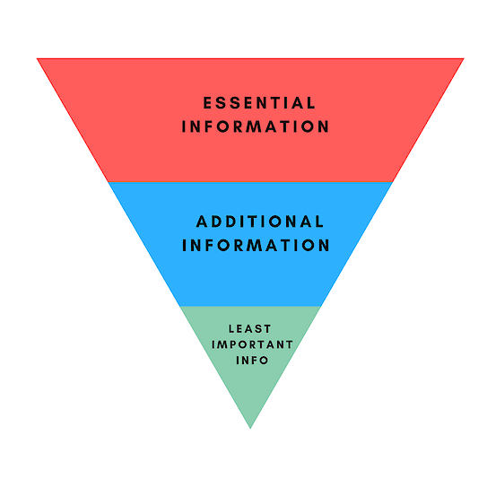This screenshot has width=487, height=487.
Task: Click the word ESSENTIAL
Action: click(259, 103)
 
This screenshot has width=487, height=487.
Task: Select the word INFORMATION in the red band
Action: click(255, 126)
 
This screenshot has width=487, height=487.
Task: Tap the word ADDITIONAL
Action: click(260, 222)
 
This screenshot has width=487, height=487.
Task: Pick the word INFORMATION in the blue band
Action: click(256, 245)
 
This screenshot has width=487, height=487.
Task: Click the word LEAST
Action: click(250, 328)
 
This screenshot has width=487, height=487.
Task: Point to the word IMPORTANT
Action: click(252, 344)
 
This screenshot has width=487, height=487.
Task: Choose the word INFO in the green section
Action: click(252, 361)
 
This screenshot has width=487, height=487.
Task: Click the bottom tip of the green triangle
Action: click(250, 429)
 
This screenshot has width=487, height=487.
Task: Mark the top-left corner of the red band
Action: click(37, 58)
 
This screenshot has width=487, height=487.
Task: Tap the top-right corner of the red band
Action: click(464, 58)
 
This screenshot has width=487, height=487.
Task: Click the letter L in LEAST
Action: click(231, 328)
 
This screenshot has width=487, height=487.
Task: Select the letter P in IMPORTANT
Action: click(232, 344)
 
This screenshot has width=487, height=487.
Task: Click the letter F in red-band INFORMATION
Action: click(207, 126)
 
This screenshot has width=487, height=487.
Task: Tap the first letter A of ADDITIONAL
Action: click(202, 222)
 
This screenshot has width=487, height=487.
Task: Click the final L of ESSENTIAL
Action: click(311, 103)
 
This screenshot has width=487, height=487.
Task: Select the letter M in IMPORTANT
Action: click(222, 344)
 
